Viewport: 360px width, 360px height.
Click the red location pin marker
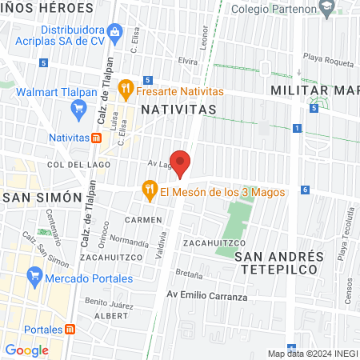pos(180,163)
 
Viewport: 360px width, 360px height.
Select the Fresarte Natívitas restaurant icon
pos(125,88)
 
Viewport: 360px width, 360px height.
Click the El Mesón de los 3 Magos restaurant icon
pos(149,190)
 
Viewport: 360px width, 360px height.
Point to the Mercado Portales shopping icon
pos(34,278)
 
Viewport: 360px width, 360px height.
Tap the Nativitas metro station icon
pos(96,138)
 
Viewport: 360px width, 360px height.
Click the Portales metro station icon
pos(70,330)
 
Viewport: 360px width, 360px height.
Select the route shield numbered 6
pos(305,190)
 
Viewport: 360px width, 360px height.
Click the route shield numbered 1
pos(296,128)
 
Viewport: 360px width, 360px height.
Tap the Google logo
pos(26,350)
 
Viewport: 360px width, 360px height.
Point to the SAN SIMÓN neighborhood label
pos(42,197)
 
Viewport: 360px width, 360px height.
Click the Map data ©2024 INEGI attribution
pos(312,354)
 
